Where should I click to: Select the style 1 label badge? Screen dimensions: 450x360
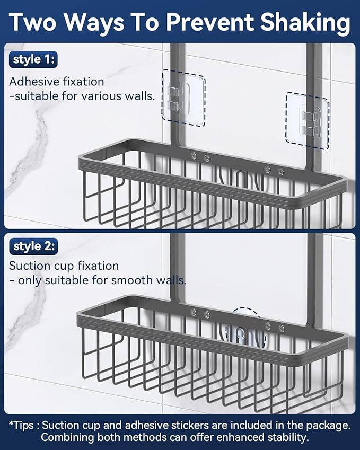[x=33, y=59]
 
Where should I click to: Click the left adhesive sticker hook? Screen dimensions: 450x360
[x=183, y=98]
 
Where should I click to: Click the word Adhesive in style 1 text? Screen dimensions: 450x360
[x=30, y=82]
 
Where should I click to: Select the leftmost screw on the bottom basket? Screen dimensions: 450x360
[x=194, y=313]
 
